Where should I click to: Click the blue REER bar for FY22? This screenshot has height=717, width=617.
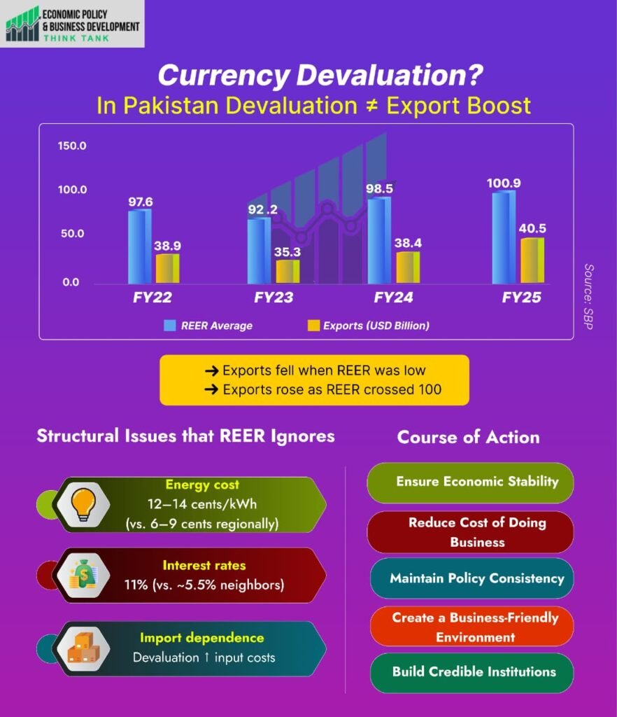(139, 246)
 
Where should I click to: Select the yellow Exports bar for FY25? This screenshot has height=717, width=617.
(532, 260)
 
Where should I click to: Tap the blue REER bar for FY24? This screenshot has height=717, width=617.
(378, 240)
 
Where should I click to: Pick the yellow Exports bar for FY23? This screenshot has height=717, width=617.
(287, 272)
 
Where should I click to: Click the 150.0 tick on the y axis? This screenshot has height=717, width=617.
(72, 146)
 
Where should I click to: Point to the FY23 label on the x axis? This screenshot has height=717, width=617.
(274, 298)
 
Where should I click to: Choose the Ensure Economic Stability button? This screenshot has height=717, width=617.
(470, 482)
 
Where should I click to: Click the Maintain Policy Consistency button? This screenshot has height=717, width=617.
(473, 578)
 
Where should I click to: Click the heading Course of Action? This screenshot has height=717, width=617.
(468, 438)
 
